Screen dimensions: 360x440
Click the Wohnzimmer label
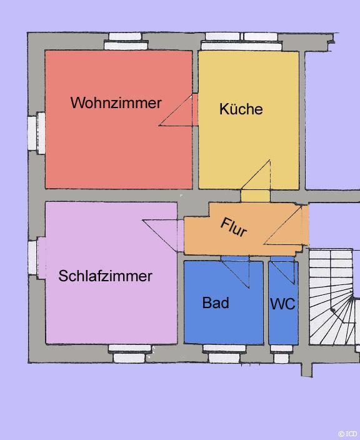click(x=116, y=102)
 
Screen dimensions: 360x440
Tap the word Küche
click(x=241, y=109)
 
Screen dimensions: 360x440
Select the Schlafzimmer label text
click(x=105, y=276)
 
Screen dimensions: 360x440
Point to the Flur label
click(x=234, y=227)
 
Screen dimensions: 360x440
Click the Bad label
click(x=216, y=302)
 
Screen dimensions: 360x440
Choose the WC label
click(x=282, y=304)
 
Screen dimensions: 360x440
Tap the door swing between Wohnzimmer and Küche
click(x=176, y=110)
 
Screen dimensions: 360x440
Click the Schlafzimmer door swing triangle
click(x=160, y=236)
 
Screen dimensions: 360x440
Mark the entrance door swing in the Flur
click(x=283, y=225)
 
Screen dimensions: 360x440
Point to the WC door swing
click(x=283, y=272)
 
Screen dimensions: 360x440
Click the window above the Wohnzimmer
click(x=126, y=41)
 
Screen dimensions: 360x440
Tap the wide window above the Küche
click(x=241, y=41)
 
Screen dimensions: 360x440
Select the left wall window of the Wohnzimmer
click(x=36, y=133)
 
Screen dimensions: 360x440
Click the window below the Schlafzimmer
click(x=129, y=354)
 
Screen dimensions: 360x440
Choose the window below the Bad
click(x=224, y=354)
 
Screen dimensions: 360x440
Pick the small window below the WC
click(x=281, y=354)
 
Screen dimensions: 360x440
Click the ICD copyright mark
click(x=348, y=434)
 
